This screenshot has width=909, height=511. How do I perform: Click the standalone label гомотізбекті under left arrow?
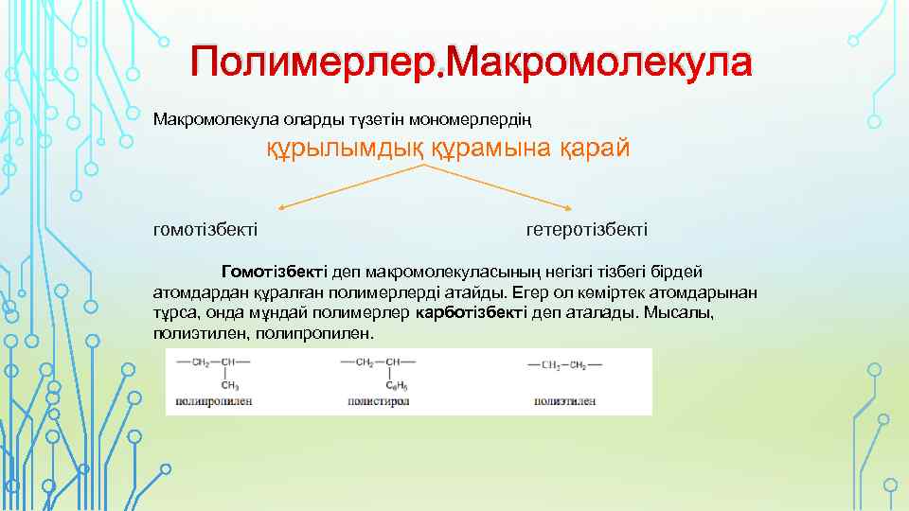[x=205, y=230]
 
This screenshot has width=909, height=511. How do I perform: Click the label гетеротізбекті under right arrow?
[x=587, y=230]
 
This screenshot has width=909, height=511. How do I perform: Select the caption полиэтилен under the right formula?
[x=564, y=401]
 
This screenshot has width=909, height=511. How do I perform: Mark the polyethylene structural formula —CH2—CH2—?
[x=564, y=362]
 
